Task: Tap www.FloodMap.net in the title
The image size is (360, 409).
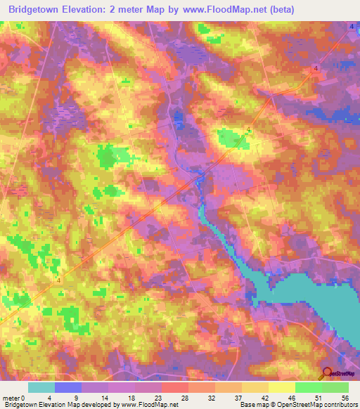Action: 224,9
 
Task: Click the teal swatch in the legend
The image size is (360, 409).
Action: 41,387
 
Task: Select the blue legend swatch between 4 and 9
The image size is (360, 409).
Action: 68,387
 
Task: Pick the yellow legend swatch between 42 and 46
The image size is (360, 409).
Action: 282,387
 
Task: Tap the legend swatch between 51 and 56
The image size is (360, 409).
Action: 335,387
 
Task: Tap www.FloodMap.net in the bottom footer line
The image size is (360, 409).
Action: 148,405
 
